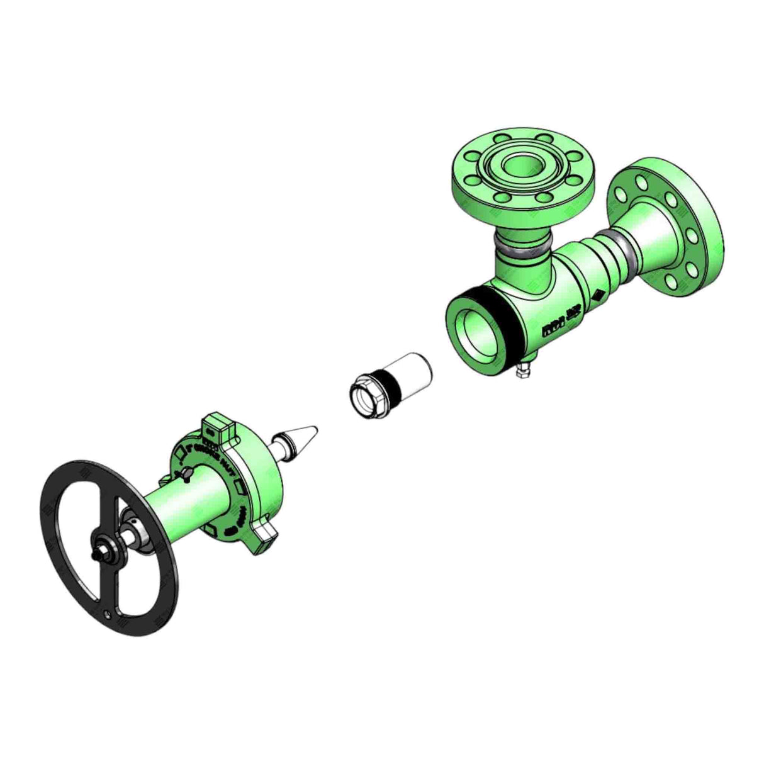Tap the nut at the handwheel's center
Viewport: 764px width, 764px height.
pyautogui.click(x=101, y=554)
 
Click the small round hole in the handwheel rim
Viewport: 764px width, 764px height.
pyautogui.click(x=110, y=614)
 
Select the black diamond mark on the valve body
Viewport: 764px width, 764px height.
pyautogui.click(x=597, y=296)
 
